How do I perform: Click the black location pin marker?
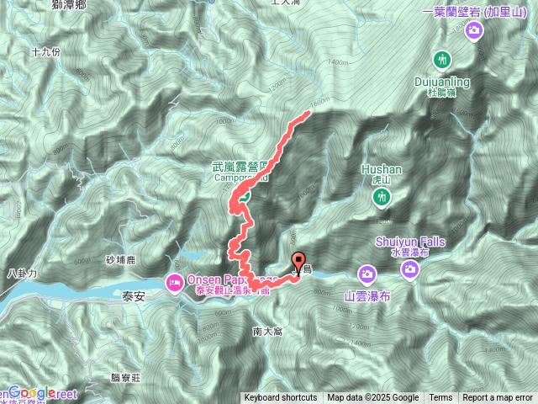(x=298, y=260)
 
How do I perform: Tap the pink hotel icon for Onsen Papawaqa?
(x=175, y=280)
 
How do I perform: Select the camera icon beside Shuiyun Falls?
(x=410, y=270)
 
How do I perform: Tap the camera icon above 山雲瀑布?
(x=367, y=274)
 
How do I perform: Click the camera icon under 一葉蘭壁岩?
(x=474, y=31)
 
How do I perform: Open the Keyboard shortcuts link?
(x=281, y=398)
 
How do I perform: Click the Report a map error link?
(x=498, y=398)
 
